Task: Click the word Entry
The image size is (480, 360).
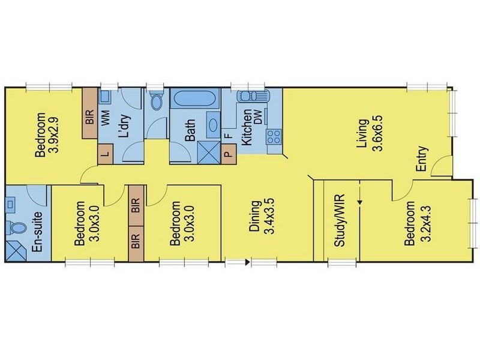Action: [x=421, y=160]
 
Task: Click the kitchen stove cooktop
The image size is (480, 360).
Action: [x=274, y=137]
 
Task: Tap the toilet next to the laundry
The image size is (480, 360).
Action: [x=157, y=101]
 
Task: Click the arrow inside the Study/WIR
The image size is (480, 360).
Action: [x=359, y=202]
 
